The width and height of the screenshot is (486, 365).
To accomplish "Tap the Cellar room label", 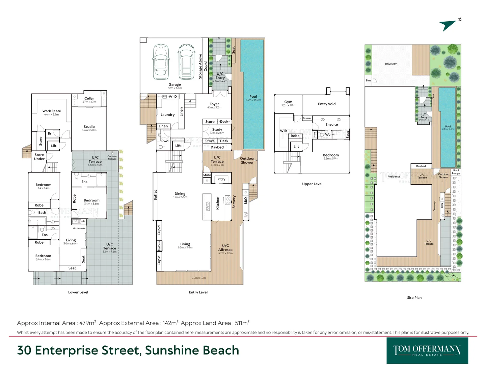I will coord(89,99).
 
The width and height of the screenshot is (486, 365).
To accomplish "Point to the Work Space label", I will coord(52,111).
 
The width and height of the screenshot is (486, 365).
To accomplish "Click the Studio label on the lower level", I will coord(89,127).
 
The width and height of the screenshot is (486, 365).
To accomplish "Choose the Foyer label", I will coord(214,104).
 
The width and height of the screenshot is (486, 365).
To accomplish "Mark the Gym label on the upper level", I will coord(288,102).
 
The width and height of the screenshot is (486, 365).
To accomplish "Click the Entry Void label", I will coord(327,104).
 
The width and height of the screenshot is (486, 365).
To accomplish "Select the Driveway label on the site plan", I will coord(391,64).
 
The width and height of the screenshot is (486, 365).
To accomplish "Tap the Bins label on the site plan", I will coord(368,80).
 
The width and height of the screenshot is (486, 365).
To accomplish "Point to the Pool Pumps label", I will coord(456,172).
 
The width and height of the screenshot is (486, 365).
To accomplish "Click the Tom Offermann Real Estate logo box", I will coord(427,350).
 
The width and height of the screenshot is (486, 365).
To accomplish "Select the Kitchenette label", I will coord(79,228).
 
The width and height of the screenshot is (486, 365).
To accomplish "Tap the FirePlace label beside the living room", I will coord(159,245).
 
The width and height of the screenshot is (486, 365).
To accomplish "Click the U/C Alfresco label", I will coord(225,248).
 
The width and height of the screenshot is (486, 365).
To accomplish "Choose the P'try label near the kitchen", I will coord(221,179).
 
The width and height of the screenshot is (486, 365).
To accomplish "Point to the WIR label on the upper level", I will coord(283,131).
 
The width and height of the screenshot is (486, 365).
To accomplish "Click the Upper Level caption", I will coord(312,184).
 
